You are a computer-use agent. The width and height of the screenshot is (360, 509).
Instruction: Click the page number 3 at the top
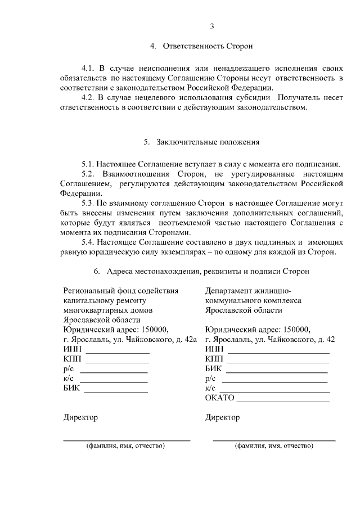(x=212, y=26)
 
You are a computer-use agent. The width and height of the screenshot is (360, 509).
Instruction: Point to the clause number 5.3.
(x=89, y=202)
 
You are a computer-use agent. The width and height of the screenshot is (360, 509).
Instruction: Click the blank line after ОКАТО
(x=283, y=401)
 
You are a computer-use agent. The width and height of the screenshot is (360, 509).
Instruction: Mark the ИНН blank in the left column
(x=118, y=352)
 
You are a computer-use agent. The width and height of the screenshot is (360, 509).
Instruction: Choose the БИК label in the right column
(x=213, y=369)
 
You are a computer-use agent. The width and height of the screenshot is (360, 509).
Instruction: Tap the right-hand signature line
(x=274, y=439)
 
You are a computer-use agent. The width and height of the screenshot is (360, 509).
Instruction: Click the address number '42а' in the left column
(x=191, y=340)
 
